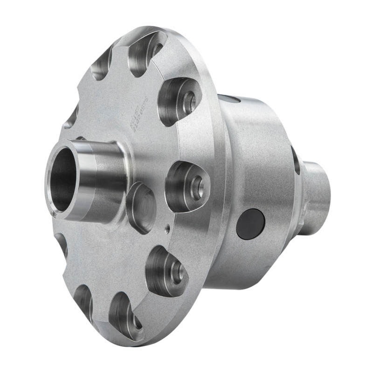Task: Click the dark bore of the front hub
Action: click(x=63, y=180)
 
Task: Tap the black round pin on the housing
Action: click(x=250, y=223)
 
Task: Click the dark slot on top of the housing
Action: click(x=228, y=98)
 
